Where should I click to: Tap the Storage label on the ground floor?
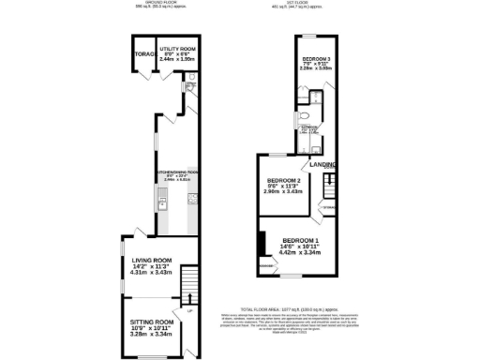point(143,54)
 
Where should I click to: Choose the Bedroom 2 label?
point(283,180)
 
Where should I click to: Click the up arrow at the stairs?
point(187,298)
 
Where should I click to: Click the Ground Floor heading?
point(155,3)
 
